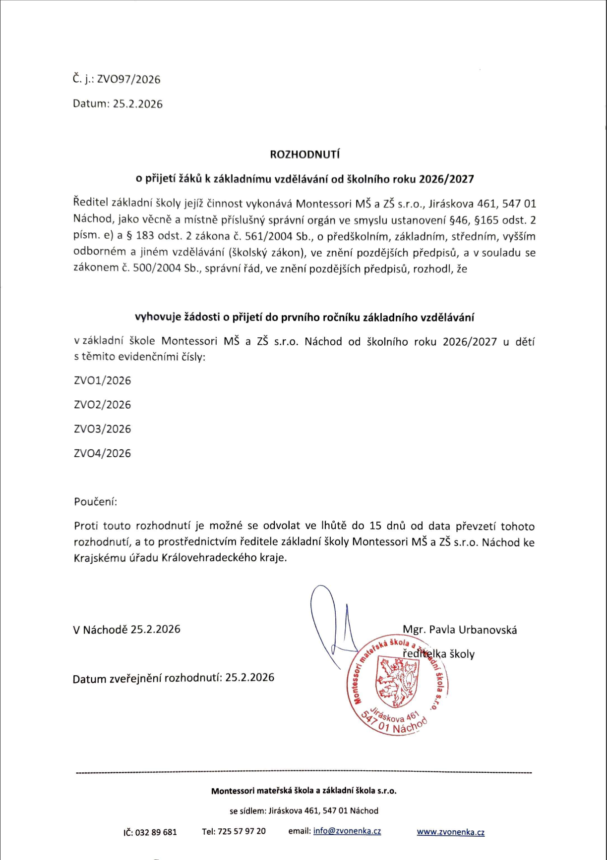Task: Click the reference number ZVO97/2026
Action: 128,79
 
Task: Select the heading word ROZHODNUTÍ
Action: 304,154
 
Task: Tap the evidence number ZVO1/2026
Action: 102,380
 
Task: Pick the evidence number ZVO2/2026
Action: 102,405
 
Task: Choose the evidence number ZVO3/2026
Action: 102,429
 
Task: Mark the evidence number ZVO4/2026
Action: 102,453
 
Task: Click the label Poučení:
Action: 95,501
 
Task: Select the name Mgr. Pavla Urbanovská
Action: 460,630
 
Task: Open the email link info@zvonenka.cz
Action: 347,831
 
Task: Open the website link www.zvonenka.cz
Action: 450,832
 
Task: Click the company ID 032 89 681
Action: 156,832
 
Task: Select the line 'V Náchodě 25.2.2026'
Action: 126,629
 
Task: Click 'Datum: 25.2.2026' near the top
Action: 118,104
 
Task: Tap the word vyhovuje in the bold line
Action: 158,317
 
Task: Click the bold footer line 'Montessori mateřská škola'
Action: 303,791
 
